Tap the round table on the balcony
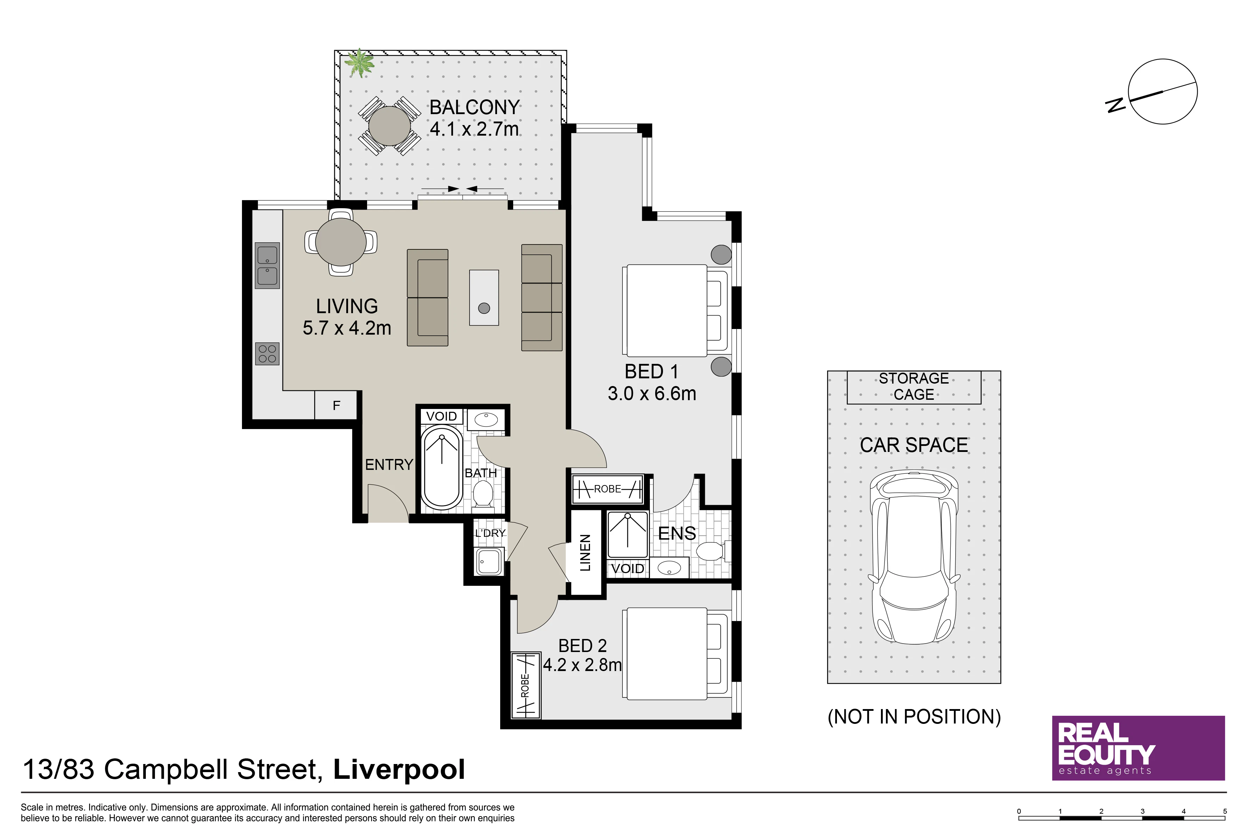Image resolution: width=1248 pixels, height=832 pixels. [x=390, y=126]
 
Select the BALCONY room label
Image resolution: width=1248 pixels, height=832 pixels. [x=474, y=107]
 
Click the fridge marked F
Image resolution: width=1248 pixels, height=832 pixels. [x=336, y=405]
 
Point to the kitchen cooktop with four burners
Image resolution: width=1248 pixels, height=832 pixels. [x=267, y=354]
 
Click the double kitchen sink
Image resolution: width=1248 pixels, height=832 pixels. [x=267, y=266]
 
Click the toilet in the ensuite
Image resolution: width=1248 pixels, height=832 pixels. [x=713, y=551]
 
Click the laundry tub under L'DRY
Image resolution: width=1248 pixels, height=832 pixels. [x=489, y=561]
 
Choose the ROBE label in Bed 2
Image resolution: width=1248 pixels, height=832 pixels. [x=525, y=685]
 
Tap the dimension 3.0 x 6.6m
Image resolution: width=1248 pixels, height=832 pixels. [x=652, y=394]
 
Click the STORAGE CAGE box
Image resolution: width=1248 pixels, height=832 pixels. [x=914, y=387]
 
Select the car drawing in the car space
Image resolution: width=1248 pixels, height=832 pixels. [x=914, y=557]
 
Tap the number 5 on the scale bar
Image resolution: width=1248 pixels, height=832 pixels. [x=1225, y=811]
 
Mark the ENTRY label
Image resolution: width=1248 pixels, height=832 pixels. [x=389, y=465]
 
